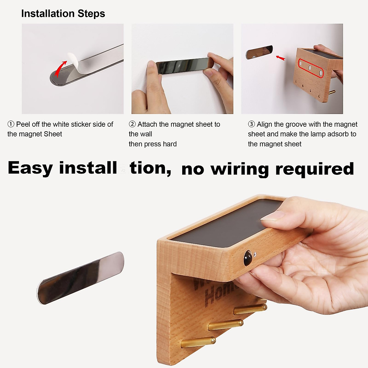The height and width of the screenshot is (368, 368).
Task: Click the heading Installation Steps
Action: point(63,13)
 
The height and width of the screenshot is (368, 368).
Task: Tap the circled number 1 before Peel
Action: point(11,124)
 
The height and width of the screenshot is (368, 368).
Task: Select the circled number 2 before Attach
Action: point(132,124)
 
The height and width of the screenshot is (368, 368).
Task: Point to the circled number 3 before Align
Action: point(251,124)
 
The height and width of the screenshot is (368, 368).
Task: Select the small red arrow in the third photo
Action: point(280,58)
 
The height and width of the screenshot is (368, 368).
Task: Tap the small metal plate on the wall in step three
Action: point(259,52)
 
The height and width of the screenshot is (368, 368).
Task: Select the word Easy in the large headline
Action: point(30,168)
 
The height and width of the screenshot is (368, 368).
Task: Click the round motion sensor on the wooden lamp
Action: point(247,258)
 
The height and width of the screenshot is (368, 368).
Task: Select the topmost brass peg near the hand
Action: point(250,309)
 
